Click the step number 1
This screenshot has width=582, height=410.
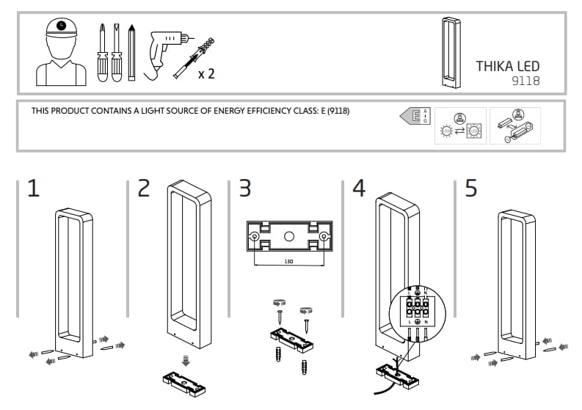33,188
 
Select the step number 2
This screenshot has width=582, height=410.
144,188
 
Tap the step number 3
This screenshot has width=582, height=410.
245,188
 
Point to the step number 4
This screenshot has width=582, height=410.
358,188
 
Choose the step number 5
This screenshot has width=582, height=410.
471,188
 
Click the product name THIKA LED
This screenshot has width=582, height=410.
507,66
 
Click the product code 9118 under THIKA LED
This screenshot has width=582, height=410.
525,81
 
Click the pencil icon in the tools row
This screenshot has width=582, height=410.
131,52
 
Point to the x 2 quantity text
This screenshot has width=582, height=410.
206,73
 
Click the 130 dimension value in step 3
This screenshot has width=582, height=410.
289,259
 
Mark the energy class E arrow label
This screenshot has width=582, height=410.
414,117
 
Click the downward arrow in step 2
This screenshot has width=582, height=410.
186,360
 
